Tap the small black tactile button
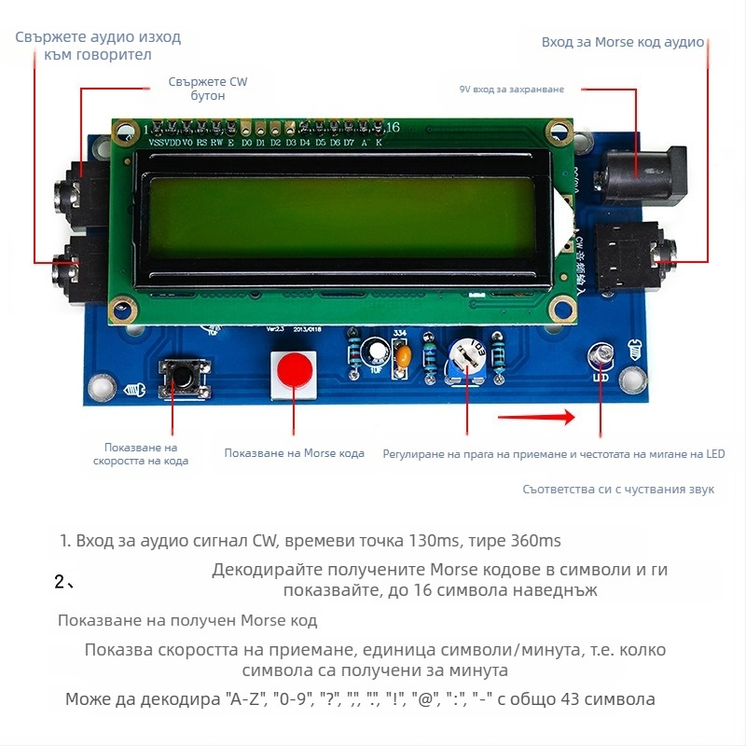[x=182, y=376]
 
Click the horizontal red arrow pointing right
[x=536, y=418]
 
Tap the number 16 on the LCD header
[x=393, y=127]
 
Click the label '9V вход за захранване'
[x=512, y=90]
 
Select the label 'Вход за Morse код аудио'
[x=623, y=43]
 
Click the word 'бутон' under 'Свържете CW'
[x=208, y=97]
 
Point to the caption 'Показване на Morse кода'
[x=294, y=453]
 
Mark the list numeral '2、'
[x=64, y=583]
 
